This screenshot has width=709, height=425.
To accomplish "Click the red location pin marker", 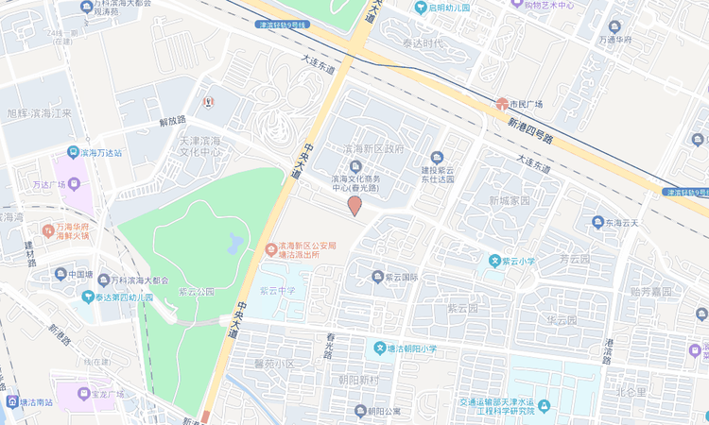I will coord(354,205).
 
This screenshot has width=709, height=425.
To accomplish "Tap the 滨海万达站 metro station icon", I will coord(73,152).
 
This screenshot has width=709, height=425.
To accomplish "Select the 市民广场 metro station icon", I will coord(501,103).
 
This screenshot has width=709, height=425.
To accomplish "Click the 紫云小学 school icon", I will coord(493,261).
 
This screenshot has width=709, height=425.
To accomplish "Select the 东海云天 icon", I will coord(597,223).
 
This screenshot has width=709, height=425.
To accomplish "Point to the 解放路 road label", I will coord(173,121).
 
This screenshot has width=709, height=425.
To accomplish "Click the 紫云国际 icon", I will coord(376,278).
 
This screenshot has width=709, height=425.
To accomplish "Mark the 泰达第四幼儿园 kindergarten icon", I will coord(87,297).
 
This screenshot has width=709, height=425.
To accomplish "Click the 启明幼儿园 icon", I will coord(421,8).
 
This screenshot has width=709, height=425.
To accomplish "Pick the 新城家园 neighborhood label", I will coord(510,201).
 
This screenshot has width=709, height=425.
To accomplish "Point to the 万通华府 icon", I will coord(614,26).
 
